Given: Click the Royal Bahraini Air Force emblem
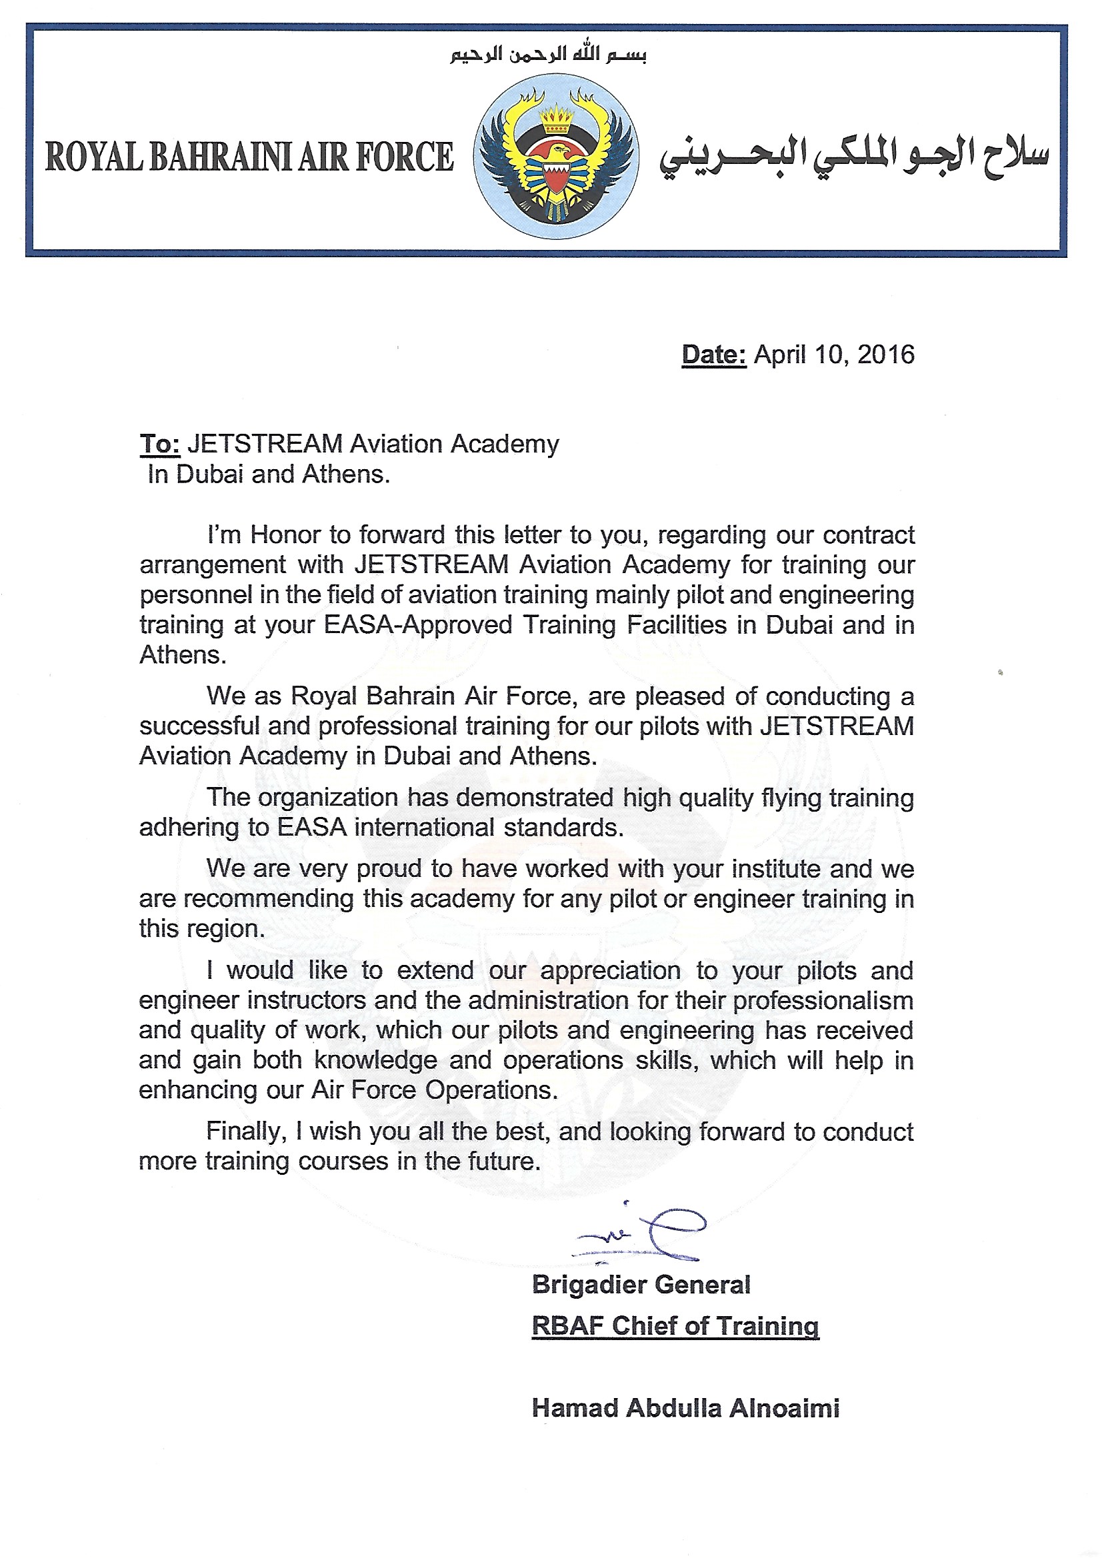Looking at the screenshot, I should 555,157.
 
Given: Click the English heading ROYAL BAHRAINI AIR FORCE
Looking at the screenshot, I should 249,157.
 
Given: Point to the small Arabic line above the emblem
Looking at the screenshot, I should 548,55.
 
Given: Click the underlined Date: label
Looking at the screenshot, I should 713,355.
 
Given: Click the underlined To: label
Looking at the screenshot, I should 159,444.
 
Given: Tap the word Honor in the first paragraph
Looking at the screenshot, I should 286,535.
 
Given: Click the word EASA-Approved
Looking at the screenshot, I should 417,625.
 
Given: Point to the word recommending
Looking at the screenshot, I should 269,899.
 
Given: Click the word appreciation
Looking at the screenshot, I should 610,970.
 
